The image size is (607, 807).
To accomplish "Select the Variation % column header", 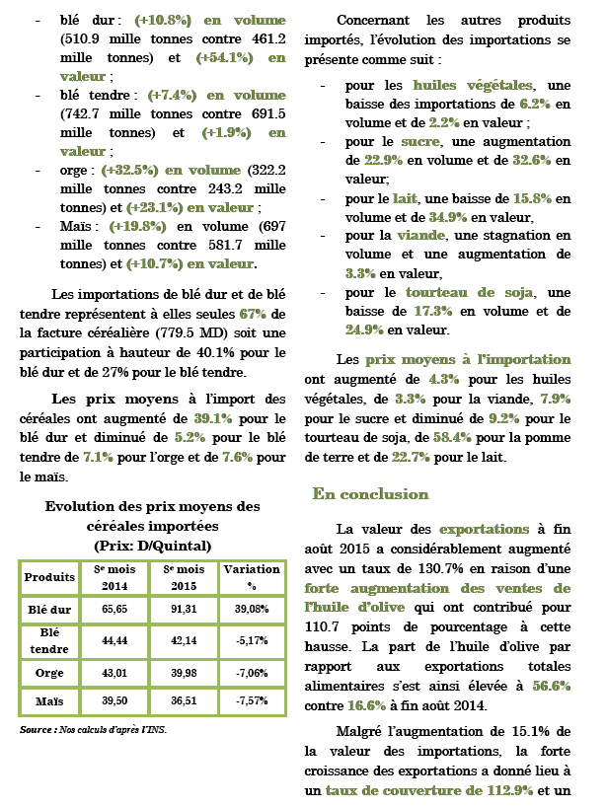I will pyautogui.click(x=251, y=575).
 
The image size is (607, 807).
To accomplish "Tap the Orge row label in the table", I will pyautogui.click(x=49, y=672).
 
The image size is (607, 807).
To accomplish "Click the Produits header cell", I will pyautogui.click(x=49, y=576).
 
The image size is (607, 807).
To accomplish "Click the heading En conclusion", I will pyautogui.click(x=370, y=493).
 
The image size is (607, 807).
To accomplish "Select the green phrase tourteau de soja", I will pyautogui.click(x=470, y=293).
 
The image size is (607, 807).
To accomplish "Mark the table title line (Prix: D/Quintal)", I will pyautogui.click(x=153, y=546).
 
